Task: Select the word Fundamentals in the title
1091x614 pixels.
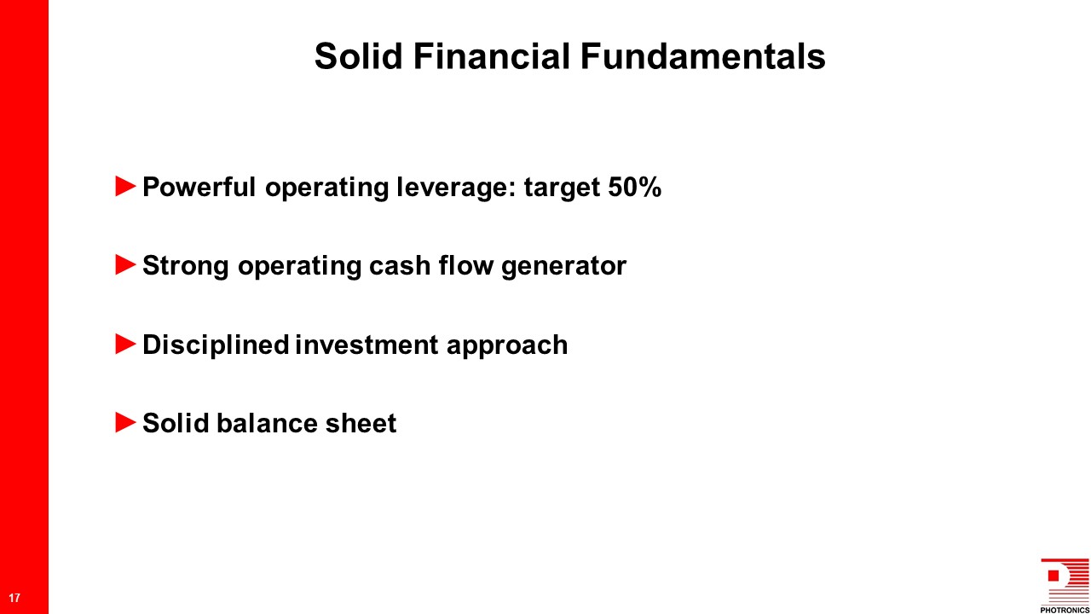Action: [703, 56]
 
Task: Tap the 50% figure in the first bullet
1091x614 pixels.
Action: [635, 187]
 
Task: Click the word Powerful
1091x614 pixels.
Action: [199, 187]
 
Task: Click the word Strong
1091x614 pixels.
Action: [186, 267]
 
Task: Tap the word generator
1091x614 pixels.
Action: [563, 267]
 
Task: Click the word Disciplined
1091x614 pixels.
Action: [216, 346]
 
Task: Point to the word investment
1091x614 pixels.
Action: [367, 345]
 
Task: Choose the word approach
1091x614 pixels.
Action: [507, 346]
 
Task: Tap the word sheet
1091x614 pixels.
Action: [361, 423]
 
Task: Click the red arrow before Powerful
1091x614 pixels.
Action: [125, 186]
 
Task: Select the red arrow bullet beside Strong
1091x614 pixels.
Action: [125, 264]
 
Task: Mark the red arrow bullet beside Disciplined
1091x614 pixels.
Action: [125, 344]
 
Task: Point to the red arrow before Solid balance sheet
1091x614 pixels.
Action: [125, 422]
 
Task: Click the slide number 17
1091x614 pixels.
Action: [14, 598]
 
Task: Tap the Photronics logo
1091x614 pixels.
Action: [1065, 585]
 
